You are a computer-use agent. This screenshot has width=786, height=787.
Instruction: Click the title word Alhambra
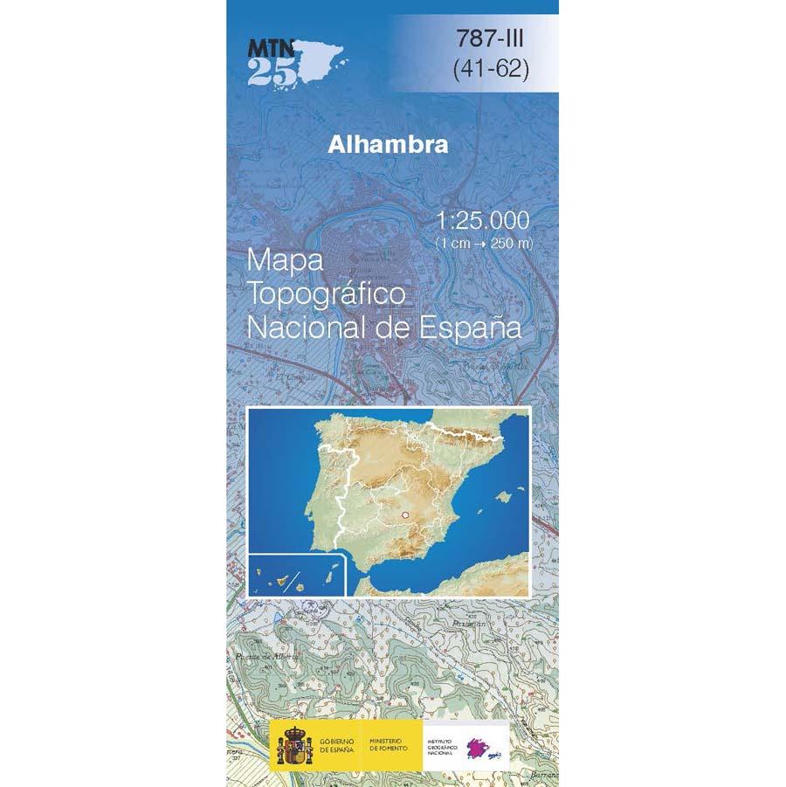[x=388, y=145]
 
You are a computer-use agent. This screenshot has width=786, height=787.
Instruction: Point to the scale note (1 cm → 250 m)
[x=484, y=244]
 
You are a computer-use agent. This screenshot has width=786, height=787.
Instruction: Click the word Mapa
[x=285, y=260]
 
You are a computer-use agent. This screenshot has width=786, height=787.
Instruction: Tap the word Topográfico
[x=327, y=295]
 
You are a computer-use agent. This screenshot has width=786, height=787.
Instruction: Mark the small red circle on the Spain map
[x=404, y=516]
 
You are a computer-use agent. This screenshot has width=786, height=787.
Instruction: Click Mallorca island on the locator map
[x=501, y=496]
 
